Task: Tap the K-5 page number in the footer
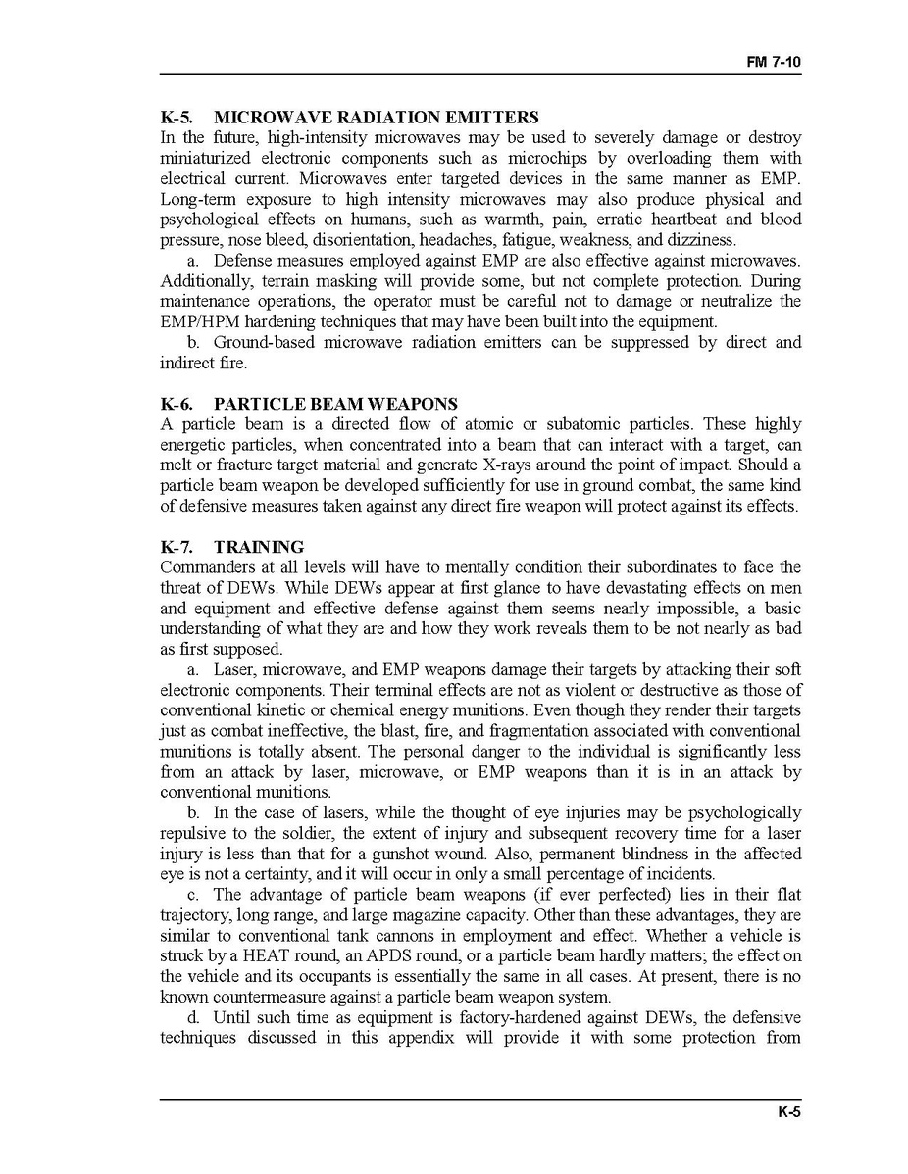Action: (789, 1112)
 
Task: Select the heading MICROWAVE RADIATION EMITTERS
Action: (376, 118)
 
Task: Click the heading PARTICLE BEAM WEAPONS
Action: (335, 404)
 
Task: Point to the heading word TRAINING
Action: (259, 547)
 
